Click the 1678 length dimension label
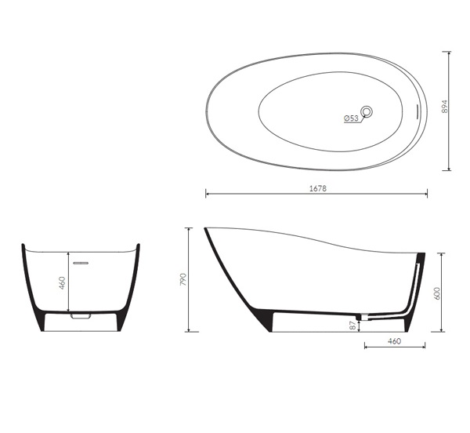click(318, 189)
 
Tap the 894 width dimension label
click(445, 107)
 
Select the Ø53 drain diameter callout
click(351, 118)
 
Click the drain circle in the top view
click(367, 112)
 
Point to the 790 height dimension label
click(183, 279)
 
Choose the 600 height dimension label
click(437, 293)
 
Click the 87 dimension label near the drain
click(353, 326)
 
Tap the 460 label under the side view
click(394, 341)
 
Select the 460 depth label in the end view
click(62, 283)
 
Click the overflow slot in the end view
click(81, 263)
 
